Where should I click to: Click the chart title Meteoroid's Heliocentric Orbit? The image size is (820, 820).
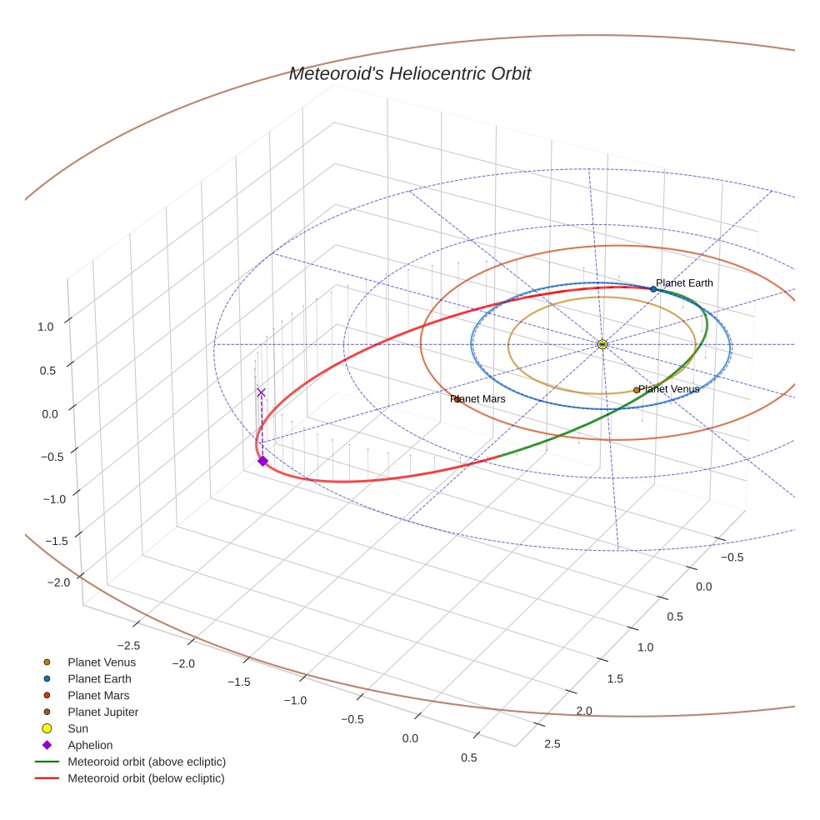pyautogui.click(x=409, y=74)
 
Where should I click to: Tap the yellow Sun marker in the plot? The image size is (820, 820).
pyautogui.click(x=602, y=344)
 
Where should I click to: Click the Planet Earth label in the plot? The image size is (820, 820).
pyautogui.click(x=684, y=283)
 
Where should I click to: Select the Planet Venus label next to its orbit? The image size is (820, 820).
pyautogui.click(x=669, y=389)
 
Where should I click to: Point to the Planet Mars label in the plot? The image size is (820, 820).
pyautogui.click(x=479, y=399)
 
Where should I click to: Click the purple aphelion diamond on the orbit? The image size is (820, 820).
pyautogui.click(x=262, y=461)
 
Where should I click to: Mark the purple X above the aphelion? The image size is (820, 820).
pyautogui.click(x=261, y=392)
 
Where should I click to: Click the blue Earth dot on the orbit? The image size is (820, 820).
pyautogui.click(x=653, y=289)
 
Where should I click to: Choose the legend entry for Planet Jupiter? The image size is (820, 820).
pyautogui.click(x=102, y=712)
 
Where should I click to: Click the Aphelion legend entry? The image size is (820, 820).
pyautogui.click(x=90, y=746)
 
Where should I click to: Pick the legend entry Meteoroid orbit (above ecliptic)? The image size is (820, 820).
pyautogui.click(x=146, y=762)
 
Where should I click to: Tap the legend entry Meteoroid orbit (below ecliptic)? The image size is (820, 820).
pyautogui.click(x=146, y=778)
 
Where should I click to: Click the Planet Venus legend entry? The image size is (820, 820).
pyautogui.click(x=101, y=662)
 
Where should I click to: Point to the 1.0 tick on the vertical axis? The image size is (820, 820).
pyautogui.click(x=45, y=327)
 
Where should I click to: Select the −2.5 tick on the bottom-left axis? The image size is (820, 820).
pyautogui.click(x=127, y=646)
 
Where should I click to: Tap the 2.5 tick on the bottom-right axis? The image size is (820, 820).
pyautogui.click(x=552, y=744)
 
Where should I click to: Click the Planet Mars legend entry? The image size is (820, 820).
pyautogui.click(x=98, y=696)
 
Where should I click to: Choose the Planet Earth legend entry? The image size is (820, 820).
pyautogui.click(x=99, y=679)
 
